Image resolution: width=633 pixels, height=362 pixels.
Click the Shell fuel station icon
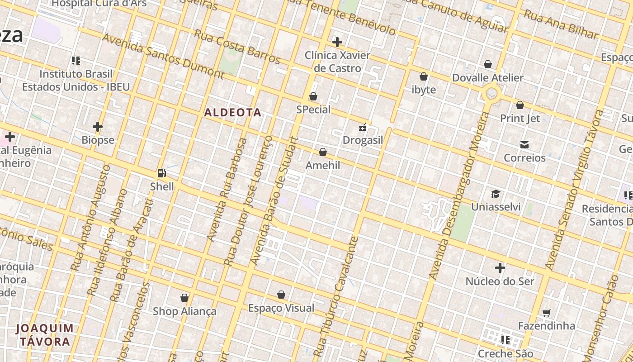tap(161, 173)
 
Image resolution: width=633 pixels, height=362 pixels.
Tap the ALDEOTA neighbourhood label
tap(233, 112)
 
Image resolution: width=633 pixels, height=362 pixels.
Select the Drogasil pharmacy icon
tap(363, 127)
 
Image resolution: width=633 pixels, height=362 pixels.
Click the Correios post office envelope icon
tap(524, 145)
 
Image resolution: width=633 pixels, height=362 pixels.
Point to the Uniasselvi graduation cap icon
tap(496, 194)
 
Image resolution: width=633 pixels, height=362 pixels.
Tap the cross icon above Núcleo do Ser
tap(500, 268)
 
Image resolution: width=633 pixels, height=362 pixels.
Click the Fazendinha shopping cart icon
tap(547, 313)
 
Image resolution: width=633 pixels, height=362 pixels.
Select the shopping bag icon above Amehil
tap(323, 152)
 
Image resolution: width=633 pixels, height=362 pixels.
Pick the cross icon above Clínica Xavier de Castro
tap(337, 42)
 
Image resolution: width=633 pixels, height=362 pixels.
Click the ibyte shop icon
tap(424, 76)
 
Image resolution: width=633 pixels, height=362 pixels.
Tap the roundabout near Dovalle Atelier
tap(491, 94)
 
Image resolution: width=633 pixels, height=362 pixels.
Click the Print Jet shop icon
tap(520, 105)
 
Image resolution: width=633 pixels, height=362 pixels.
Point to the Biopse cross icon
tap(98, 127)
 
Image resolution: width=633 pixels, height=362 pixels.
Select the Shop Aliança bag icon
tap(184, 298)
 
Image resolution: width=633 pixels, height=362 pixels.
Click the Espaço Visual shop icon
tap(281, 295)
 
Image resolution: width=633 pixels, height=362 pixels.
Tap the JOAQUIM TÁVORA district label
tap(45, 334)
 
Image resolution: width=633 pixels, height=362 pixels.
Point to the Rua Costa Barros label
tap(237, 46)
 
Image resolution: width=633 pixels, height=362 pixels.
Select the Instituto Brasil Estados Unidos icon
tap(76, 60)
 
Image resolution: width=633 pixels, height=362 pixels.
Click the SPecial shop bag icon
tap(313, 96)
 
